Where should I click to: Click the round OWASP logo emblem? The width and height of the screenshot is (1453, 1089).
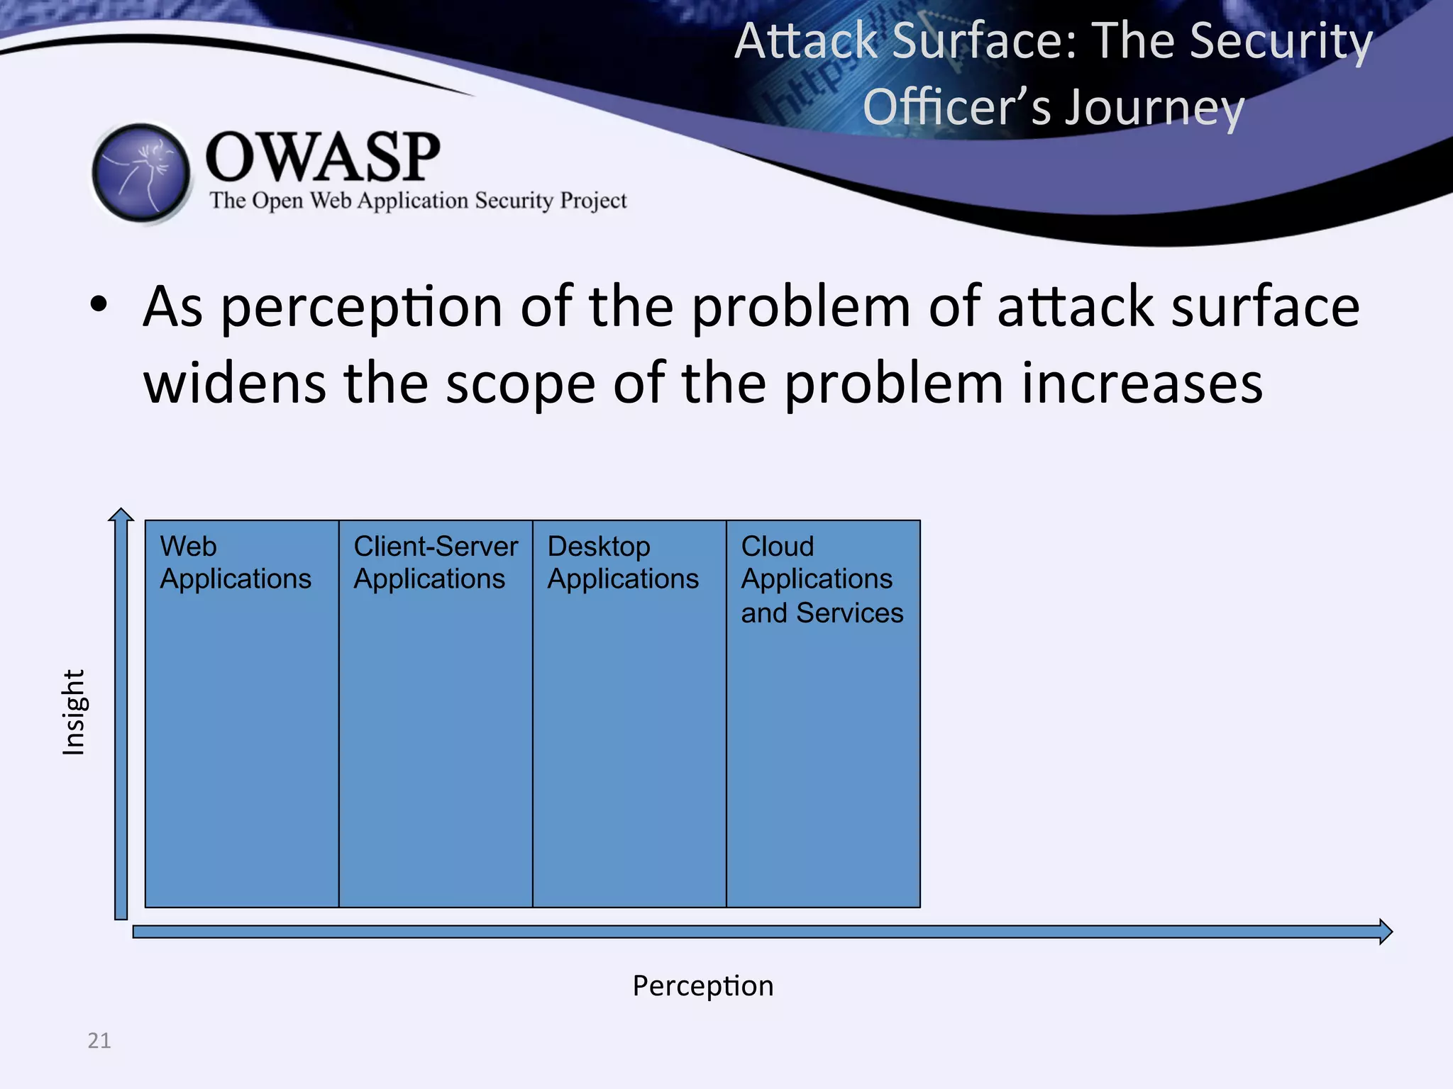(x=141, y=172)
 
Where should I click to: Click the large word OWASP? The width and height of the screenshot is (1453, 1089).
(x=322, y=157)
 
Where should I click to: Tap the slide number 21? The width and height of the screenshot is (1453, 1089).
(x=99, y=1040)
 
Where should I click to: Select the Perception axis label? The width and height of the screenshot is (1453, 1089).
(x=702, y=985)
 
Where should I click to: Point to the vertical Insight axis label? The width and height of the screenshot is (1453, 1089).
(x=74, y=712)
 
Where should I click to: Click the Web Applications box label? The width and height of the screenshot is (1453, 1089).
(x=235, y=562)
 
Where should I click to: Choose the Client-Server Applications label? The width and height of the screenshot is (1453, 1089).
(x=435, y=562)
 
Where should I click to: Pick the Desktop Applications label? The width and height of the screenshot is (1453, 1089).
(x=622, y=562)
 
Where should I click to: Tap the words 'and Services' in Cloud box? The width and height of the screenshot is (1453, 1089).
(x=822, y=613)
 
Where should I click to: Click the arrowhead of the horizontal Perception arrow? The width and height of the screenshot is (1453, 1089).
(x=1385, y=932)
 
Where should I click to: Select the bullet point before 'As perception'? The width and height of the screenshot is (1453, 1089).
(x=99, y=306)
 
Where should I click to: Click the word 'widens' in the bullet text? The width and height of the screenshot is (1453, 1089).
(x=235, y=383)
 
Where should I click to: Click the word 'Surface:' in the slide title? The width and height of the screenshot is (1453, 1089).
(x=985, y=41)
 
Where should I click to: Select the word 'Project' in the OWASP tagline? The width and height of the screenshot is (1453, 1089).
(x=593, y=201)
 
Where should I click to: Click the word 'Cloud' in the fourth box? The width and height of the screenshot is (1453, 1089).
(x=777, y=546)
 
